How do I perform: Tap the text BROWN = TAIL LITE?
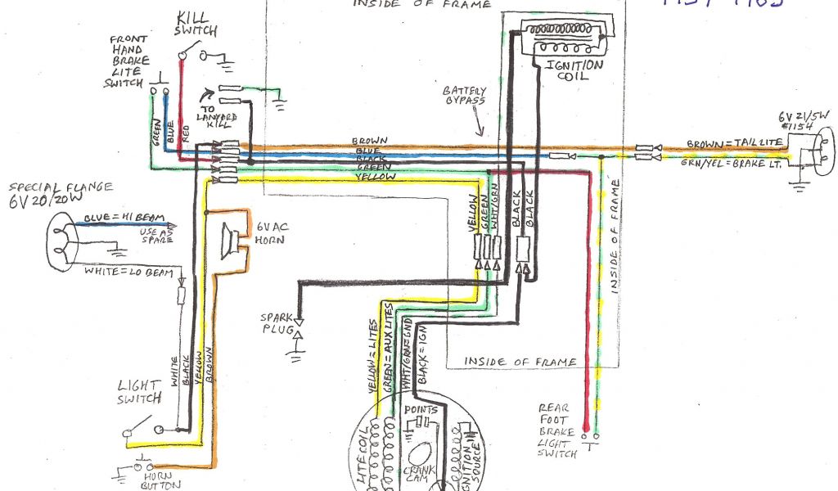(x=734, y=143)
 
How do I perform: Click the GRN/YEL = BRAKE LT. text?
(x=733, y=164)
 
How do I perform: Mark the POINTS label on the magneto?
(x=421, y=408)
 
